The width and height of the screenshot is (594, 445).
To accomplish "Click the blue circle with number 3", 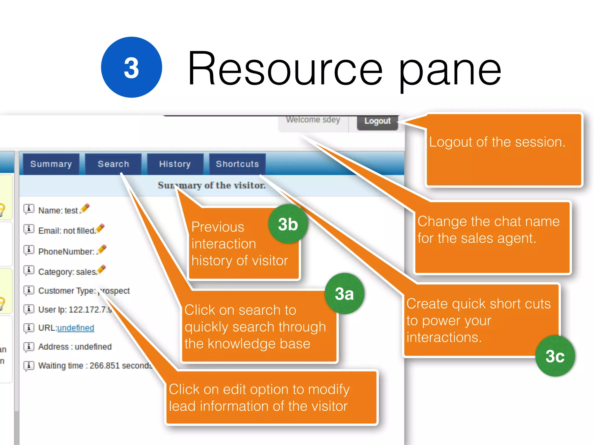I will click(131, 67).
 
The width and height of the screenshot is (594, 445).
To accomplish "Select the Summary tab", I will click(51, 164).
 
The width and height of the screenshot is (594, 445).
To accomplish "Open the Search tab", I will click(113, 164).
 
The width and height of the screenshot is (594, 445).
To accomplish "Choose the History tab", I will click(175, 164).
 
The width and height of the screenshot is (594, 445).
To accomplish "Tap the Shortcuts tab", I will click(237, 164).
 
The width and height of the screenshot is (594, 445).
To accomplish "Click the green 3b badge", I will click(288, 224).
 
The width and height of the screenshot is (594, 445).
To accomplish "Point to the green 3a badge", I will click(344, 293).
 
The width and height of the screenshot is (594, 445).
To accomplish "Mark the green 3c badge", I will click(555, 356).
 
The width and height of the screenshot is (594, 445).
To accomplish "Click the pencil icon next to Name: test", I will click(85, 208).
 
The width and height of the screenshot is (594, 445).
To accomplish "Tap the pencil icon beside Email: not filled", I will click(100, 228).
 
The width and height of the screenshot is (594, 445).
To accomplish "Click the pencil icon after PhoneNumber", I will click(102, 249).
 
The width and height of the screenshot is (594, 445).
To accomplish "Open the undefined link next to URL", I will click(76, 328).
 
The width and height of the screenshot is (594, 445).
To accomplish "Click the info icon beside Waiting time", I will click(29, 365).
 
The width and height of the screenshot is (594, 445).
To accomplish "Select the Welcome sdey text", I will click(313, 120).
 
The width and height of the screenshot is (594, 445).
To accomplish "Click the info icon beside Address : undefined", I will click(29, 346).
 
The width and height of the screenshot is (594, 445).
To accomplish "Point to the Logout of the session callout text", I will click(497, 142).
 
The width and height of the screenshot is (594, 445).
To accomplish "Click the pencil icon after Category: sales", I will click(102, 269).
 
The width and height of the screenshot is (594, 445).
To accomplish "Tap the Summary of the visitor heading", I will click(211, 185).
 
